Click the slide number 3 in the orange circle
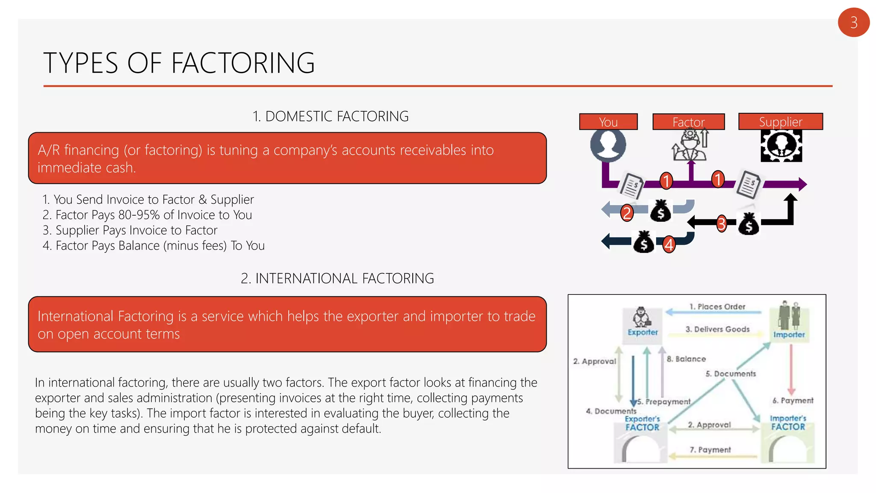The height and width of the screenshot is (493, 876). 853,22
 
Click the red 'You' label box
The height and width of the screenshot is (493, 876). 608,122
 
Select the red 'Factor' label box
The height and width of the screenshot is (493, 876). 688,122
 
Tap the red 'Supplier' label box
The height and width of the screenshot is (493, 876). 780,122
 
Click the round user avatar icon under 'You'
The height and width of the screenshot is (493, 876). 608,145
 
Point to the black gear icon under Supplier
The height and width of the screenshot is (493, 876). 781,146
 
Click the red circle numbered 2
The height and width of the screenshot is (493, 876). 627,213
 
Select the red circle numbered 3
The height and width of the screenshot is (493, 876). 722,223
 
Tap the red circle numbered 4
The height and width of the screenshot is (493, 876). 669,245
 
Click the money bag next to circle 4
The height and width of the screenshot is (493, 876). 644,243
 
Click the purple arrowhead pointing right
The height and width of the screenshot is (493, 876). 801,184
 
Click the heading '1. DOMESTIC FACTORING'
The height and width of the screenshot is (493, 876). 330,116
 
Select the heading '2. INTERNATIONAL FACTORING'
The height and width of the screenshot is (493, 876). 337,279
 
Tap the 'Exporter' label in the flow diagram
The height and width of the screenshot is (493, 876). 642,332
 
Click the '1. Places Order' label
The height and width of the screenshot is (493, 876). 717,307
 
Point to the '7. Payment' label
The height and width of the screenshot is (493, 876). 710,450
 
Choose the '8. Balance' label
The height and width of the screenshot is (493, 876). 686,359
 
